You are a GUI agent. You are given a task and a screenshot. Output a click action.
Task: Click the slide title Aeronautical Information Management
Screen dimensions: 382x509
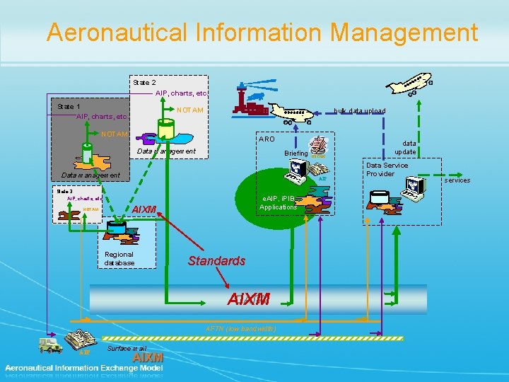[262, 33]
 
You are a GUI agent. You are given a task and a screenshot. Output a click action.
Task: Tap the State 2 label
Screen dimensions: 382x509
[144, 83]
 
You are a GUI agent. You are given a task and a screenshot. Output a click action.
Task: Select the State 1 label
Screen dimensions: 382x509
[69, 106]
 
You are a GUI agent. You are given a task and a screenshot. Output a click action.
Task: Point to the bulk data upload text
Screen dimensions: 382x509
[359, 111]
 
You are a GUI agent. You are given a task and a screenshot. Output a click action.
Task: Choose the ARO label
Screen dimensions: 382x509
[267, 139]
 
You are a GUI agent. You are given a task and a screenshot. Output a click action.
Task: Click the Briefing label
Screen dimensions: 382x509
[296, 153]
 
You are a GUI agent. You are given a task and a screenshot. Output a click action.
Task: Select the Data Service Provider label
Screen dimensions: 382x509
[387, 169]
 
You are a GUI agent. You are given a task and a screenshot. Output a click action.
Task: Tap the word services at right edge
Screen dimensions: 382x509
[457, 180]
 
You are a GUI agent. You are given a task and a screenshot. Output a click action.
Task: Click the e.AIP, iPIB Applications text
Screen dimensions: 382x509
[278, 203]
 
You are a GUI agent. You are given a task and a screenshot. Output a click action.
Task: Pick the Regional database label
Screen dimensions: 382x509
[119, 258]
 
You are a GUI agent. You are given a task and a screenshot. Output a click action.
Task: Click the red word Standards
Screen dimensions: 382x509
[216, 261]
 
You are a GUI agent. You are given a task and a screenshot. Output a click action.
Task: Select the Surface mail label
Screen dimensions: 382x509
[127, 349]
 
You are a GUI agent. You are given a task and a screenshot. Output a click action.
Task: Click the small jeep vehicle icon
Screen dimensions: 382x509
[49, 345]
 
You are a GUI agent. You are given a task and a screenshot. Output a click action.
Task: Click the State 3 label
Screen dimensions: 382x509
[65, 190]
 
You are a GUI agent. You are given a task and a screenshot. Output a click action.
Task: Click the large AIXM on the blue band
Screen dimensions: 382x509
[248, 299]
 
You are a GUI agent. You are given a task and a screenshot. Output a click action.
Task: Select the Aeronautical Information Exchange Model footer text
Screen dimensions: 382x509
[85, 368]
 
